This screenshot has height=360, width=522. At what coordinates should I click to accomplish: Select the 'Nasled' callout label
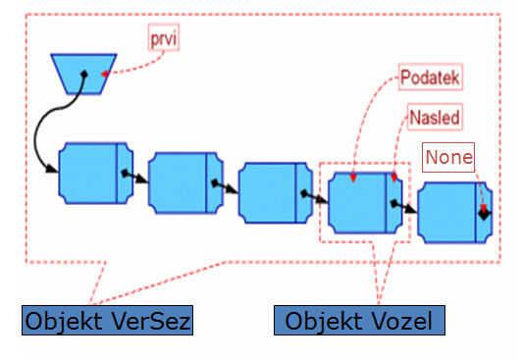432,117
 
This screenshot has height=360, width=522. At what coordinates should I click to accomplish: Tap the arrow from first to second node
136,177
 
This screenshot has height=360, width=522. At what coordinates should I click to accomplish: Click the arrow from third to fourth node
315,196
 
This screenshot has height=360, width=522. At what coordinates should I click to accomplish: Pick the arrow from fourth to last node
404,207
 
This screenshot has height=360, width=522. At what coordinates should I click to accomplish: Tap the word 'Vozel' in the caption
402,321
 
